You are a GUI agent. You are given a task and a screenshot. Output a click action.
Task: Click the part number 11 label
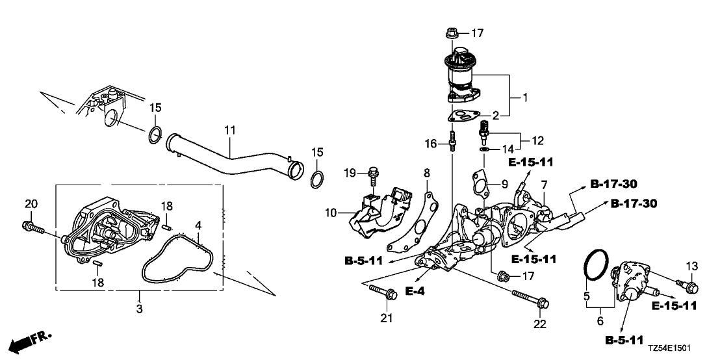[229, 131]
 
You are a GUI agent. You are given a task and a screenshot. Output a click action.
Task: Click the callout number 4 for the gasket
[199, 225]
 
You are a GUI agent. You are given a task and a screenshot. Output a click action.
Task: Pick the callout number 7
[544, 186]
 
